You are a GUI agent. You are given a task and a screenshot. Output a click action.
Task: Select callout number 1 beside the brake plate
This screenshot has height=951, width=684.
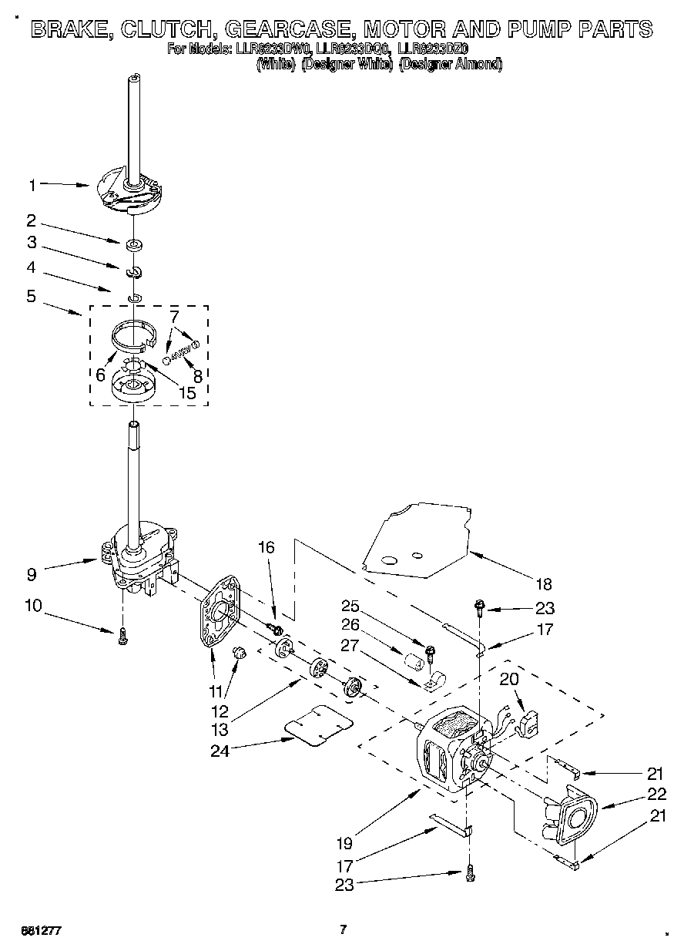pos(32,185)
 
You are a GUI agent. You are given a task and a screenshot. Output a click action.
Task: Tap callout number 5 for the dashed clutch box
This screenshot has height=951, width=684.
pos(32,296)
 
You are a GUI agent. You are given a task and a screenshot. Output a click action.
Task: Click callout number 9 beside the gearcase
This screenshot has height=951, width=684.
pos(32,573)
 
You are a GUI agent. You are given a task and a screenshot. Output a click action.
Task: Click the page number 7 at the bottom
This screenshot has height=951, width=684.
pos(344,929)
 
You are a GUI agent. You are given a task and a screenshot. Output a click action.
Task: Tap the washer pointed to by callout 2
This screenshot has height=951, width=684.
pos(135,246)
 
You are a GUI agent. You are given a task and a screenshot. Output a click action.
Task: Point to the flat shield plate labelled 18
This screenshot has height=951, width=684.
pos(420,539)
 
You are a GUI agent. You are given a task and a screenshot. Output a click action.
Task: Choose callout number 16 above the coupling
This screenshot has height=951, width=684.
pos(266,548)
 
